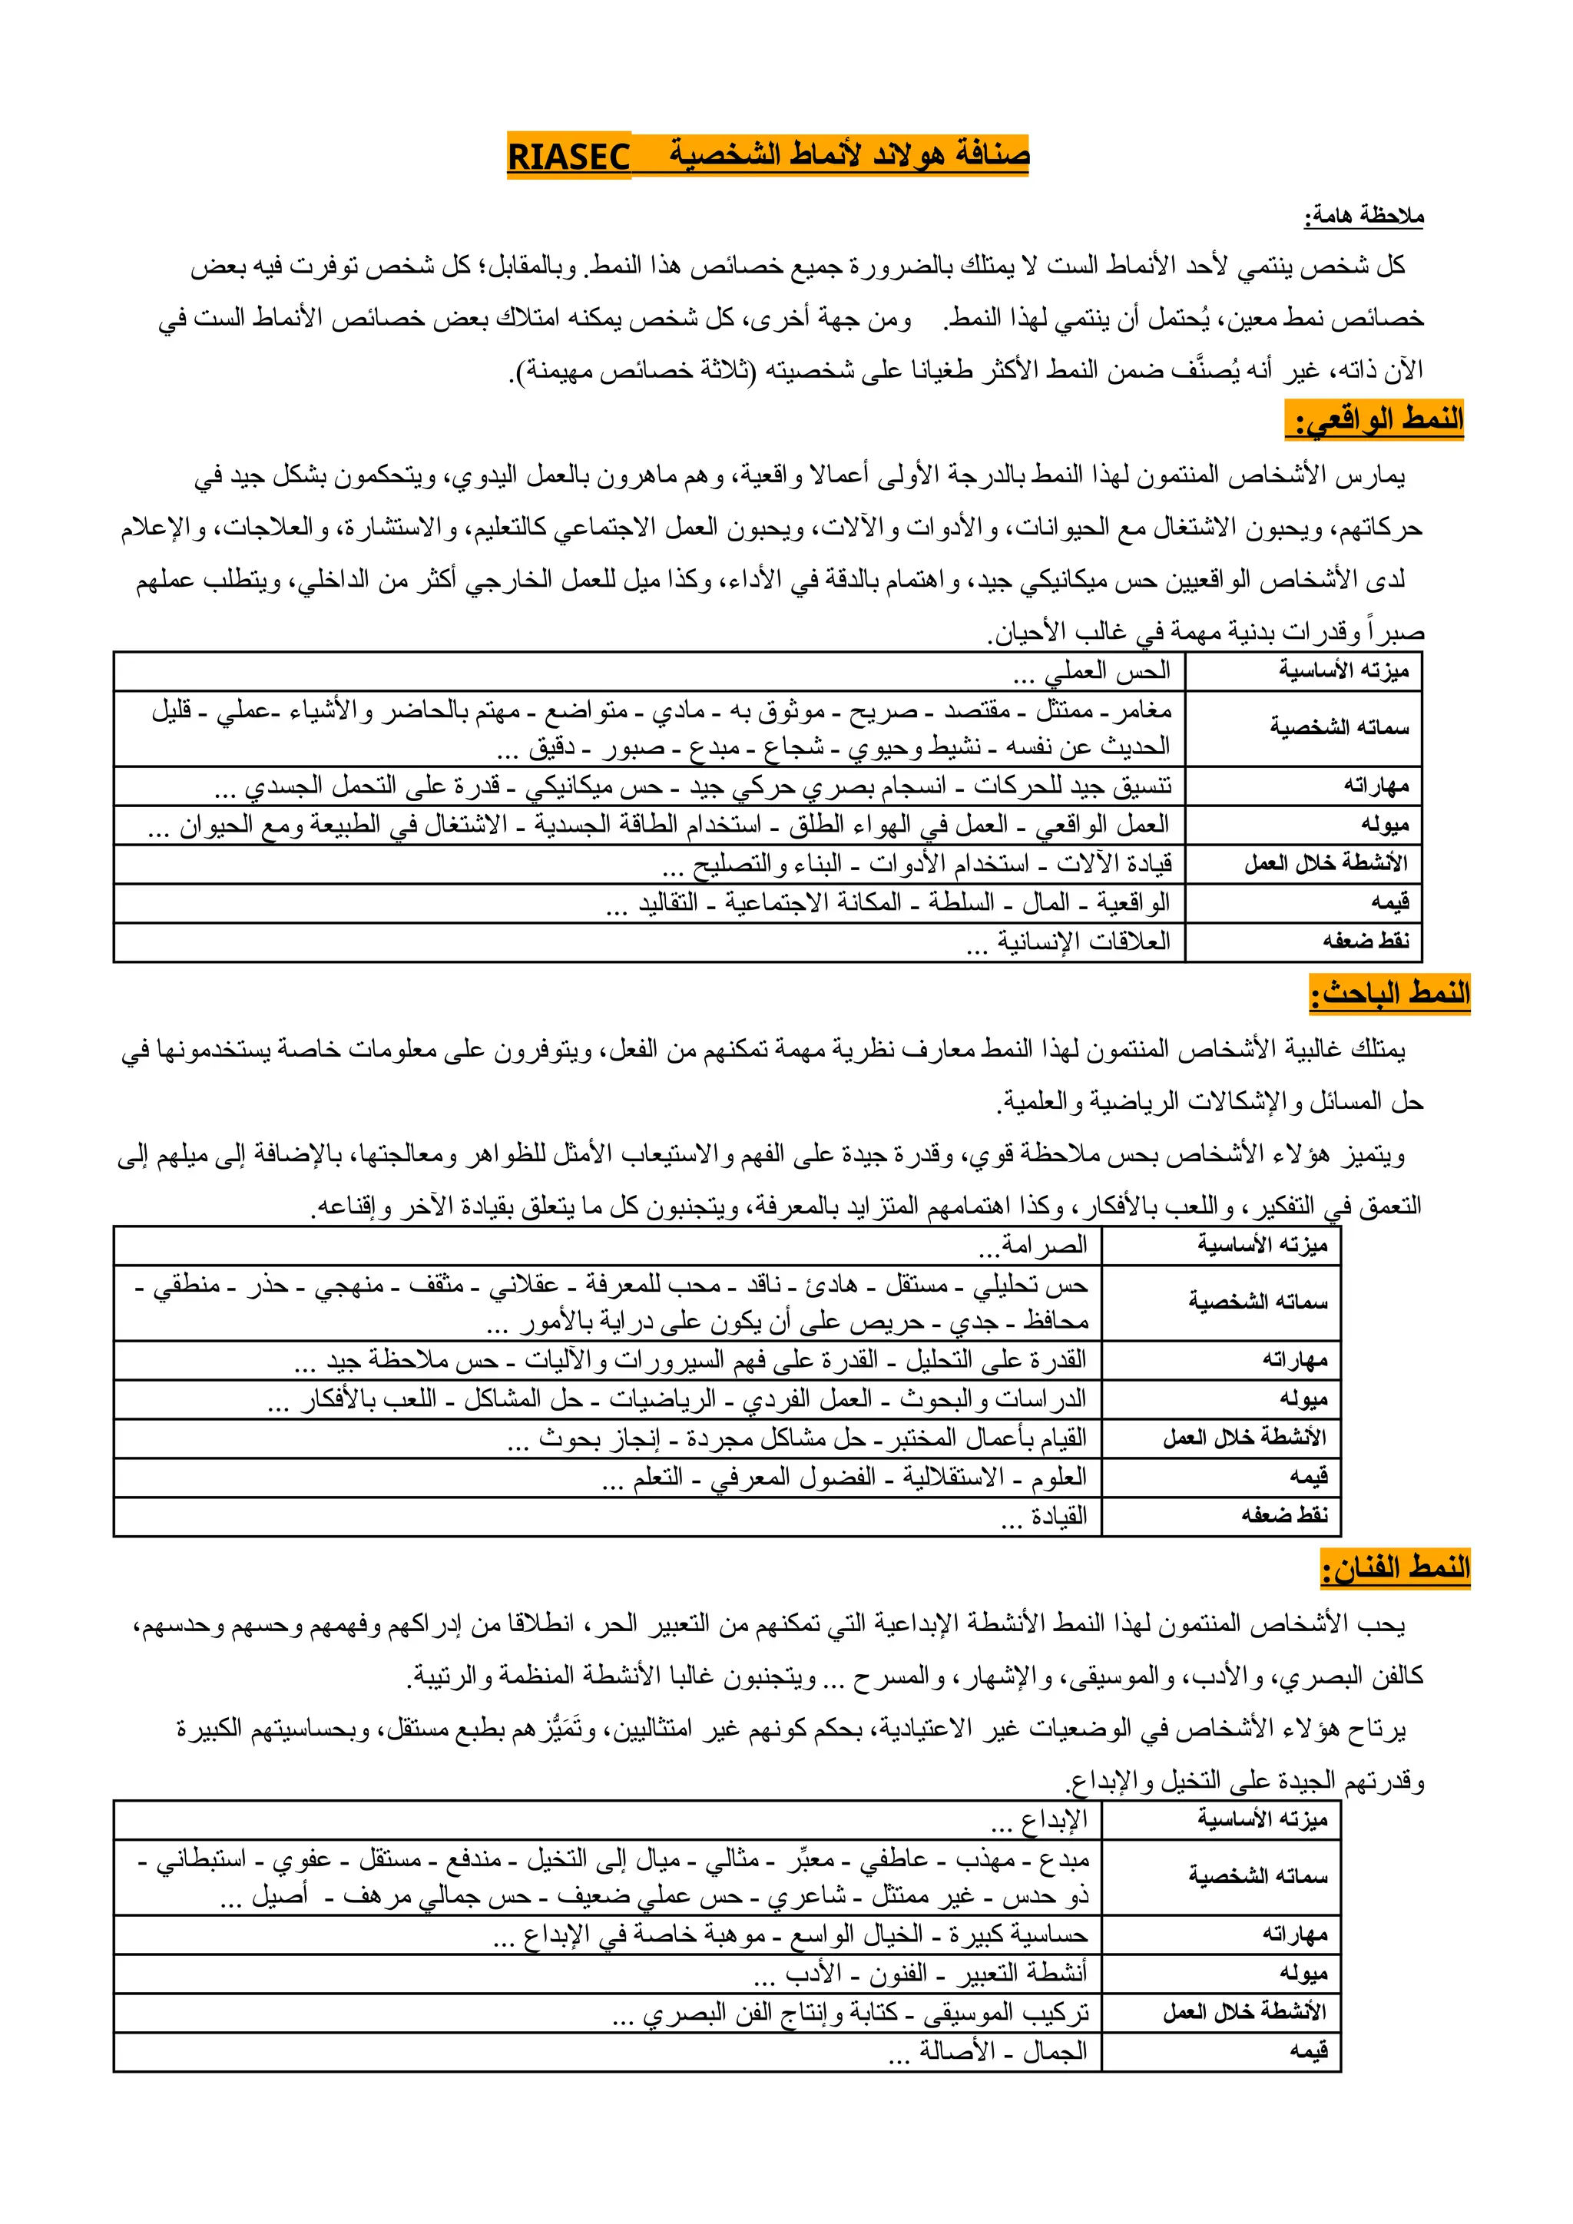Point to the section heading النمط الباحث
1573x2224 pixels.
[x=1391, y=994]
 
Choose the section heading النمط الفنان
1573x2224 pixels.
[x=1396, y=1568]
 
